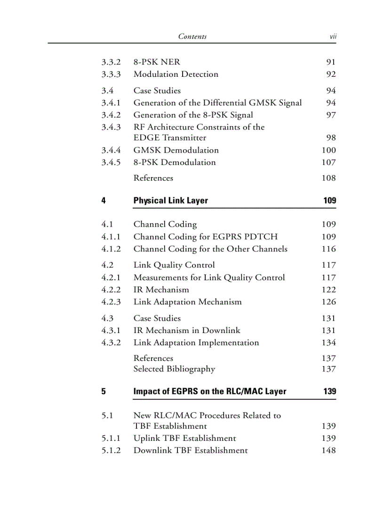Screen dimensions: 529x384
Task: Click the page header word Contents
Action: pos(192,36)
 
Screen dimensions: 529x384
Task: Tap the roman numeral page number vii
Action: pos(332,36)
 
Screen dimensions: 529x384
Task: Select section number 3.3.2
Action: pos(111,62)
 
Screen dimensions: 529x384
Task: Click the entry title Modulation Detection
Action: pos(176,74)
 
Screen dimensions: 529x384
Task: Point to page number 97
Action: pos(331,115)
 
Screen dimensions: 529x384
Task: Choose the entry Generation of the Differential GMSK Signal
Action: pos(217,103)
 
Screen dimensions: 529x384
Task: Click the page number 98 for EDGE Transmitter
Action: pos(331,138)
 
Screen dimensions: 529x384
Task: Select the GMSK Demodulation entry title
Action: pos(176,150)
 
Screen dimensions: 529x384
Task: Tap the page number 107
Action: pos(328,163)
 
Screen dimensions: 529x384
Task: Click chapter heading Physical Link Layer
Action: pos(170,201)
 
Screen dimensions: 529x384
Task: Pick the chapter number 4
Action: pos(104,201)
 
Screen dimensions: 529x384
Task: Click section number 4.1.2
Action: pos(111,249)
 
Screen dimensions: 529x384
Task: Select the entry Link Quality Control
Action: pos(174,265)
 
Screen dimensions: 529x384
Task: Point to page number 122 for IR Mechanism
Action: pos(328,290)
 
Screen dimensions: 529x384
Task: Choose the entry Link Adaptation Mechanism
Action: pos(187,302)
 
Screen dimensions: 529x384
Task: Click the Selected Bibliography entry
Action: pos(174,369)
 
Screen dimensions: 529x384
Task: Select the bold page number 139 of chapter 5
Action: pos(329,391)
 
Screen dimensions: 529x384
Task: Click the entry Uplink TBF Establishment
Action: pos(184,438)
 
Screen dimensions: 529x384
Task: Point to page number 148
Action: pos(328,450)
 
